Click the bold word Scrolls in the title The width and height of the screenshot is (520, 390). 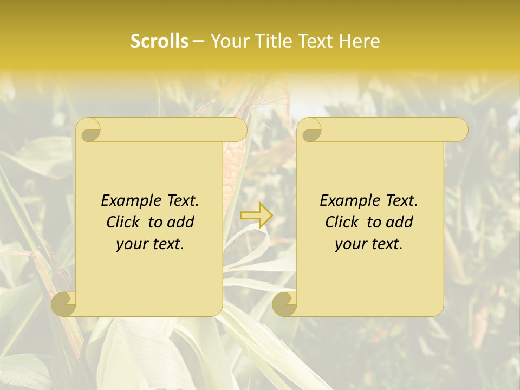point(160,41)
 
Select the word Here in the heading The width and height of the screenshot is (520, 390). point(359,41)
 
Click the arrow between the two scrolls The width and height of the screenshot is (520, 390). point(257,215)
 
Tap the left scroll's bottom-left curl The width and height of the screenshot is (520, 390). point(64,303)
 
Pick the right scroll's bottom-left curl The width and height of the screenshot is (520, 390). point(284,303)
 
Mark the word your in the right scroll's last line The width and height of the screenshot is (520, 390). point(349,244)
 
